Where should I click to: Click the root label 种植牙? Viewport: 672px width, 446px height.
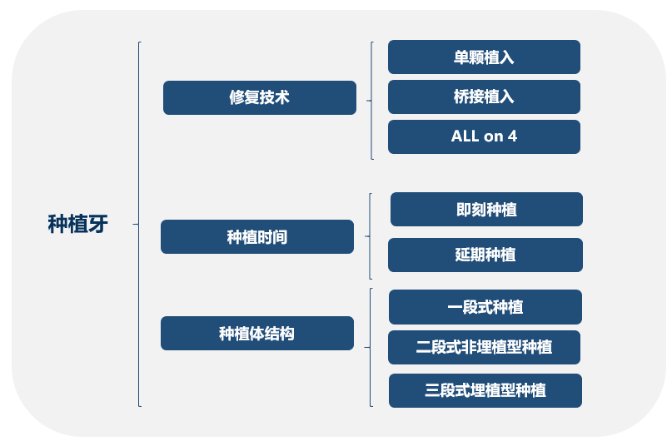pyautogui.click(x=78, y=224)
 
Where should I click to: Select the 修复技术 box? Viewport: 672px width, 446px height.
pyautogui.click(x=260, y=97)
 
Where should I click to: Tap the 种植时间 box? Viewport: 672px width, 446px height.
pyautogui.click(x=257, y=237)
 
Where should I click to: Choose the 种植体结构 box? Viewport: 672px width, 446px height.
pyautogui.click(x=257, y=334)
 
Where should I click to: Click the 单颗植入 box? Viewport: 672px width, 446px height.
pyautogui.click(x=485, y=57)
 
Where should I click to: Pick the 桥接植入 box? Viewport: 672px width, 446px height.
pyautogui.click(x=485, y=97)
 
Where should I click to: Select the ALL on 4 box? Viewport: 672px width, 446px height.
pyautogui.click(x=485, y=136)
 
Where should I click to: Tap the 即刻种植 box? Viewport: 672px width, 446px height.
pyautogui.click(x=486, y=210)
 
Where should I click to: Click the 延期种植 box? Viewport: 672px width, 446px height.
pyautogui.click(x=485, y=255)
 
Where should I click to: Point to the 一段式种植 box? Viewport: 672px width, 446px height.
pyautogui.click(x=485, y=307)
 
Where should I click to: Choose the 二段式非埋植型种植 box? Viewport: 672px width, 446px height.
pyautogui.click(x=485, y=348)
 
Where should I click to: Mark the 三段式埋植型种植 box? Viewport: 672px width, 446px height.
pyautogui.click(x=485, y=391)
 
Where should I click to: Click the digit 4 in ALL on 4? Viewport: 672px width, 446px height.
pyautogui.click(x=513, y=136)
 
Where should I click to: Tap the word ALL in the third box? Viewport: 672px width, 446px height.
pyautogui.click(x=465, y=136)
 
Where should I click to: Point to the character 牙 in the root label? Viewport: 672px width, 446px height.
pyautogui.click(x=98, y=224)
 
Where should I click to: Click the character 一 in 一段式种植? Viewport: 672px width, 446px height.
pyautogui.click(x=455, y=307)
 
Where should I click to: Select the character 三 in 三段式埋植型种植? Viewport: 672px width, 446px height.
pyautogui.click(x=432, y=391)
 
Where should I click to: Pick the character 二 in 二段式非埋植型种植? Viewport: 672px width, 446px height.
pyautogui.click(x=423, y=348)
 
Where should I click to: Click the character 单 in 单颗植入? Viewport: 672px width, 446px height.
pyautogui.click(x=461, y=57)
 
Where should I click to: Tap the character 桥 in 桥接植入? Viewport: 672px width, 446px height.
pyautogui.click(x=461, y=97)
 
